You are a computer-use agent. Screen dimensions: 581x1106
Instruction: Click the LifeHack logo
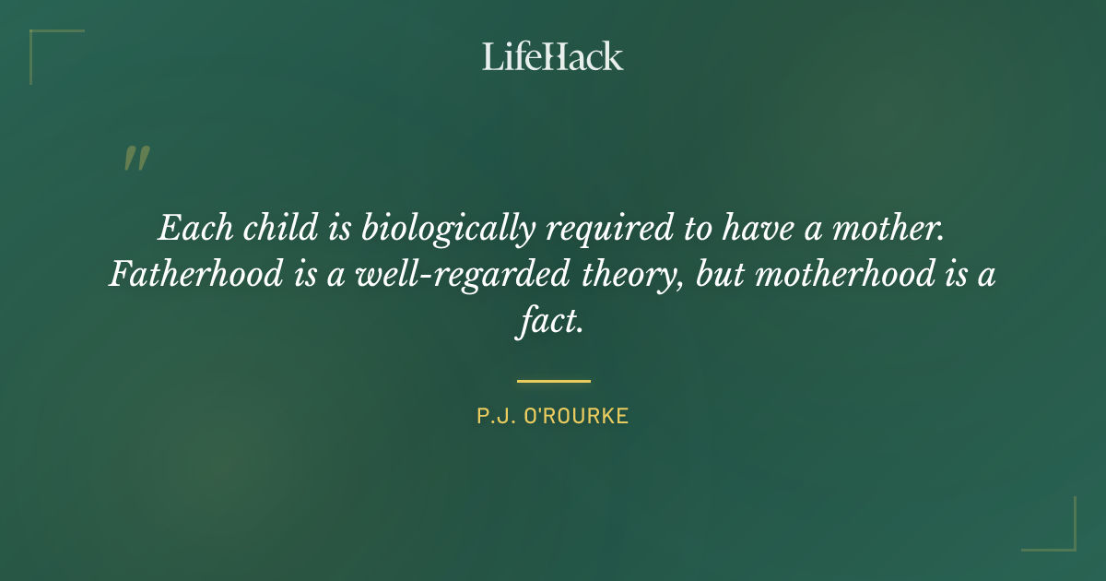tap(553, 56)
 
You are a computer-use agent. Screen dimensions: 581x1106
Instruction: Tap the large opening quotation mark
tap(135, 160)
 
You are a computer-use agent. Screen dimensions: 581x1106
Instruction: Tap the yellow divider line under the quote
tap(553, 380)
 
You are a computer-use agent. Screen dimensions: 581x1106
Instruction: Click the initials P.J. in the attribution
tap(494, 416)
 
